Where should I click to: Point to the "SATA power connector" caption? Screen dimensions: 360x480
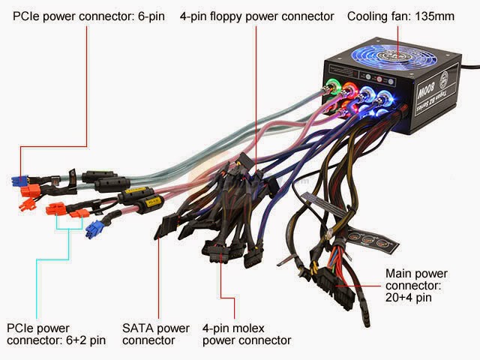[156, 334]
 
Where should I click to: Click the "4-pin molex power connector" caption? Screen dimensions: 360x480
[246, 334]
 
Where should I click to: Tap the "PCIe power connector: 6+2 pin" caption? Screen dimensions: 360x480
[55, 334]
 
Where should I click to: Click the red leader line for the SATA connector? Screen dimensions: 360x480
[157, 285]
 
